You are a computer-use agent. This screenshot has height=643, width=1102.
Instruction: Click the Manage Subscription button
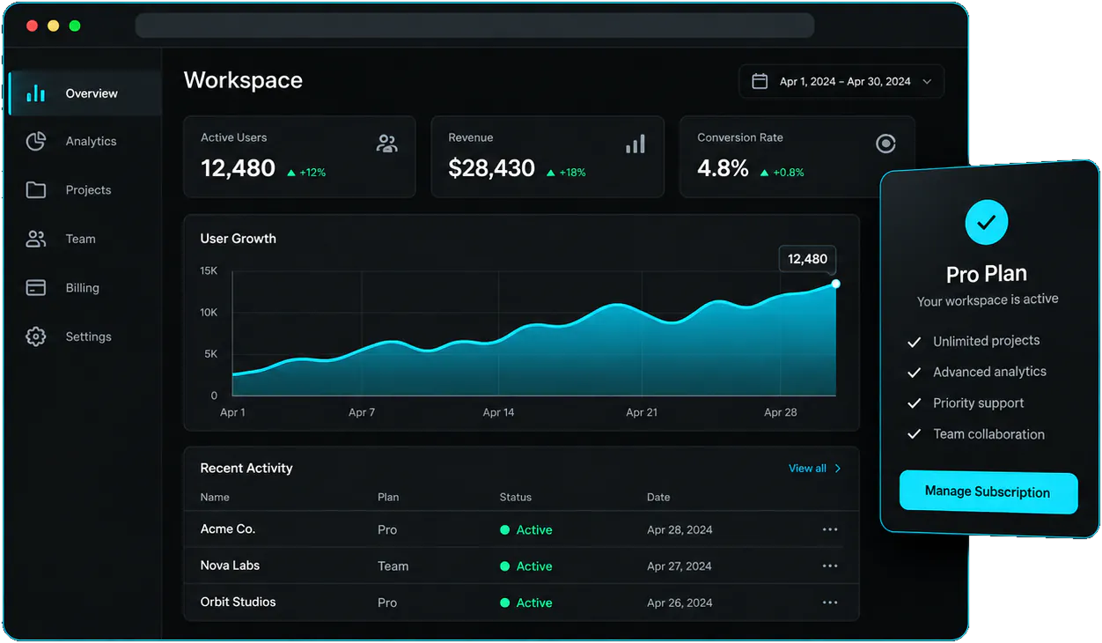[988, 491]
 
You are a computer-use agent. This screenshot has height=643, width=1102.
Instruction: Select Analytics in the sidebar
[91, 141]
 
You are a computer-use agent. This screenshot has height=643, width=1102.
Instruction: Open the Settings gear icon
[35, 336]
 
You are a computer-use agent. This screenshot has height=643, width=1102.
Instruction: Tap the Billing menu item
[82, 288]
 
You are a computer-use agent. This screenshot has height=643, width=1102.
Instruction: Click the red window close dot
[32, 26]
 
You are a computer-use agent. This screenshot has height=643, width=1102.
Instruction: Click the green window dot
[75, 26]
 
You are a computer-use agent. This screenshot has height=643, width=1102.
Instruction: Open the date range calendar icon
[760, 81]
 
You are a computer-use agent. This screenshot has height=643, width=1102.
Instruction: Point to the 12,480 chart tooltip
[807, 259]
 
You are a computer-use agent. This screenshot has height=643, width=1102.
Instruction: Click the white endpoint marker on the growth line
[835, 285]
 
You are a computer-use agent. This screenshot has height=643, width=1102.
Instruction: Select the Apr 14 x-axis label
[498, 412]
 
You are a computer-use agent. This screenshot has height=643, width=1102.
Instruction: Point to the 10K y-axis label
[208, 313]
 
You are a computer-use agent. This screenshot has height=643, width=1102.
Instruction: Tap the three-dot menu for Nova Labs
[830, 566]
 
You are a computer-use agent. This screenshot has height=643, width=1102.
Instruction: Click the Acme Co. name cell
[228, 529]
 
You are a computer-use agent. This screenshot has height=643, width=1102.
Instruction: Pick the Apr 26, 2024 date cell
[680, 602]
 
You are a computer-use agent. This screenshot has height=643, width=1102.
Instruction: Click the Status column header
[516, 498]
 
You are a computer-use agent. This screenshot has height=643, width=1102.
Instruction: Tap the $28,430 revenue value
[491, 168]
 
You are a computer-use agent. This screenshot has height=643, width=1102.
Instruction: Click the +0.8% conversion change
[788, 173]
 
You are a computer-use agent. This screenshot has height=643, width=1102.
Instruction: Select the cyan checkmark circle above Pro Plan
[987, 222]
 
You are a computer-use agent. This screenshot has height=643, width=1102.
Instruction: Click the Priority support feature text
[979, 403]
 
